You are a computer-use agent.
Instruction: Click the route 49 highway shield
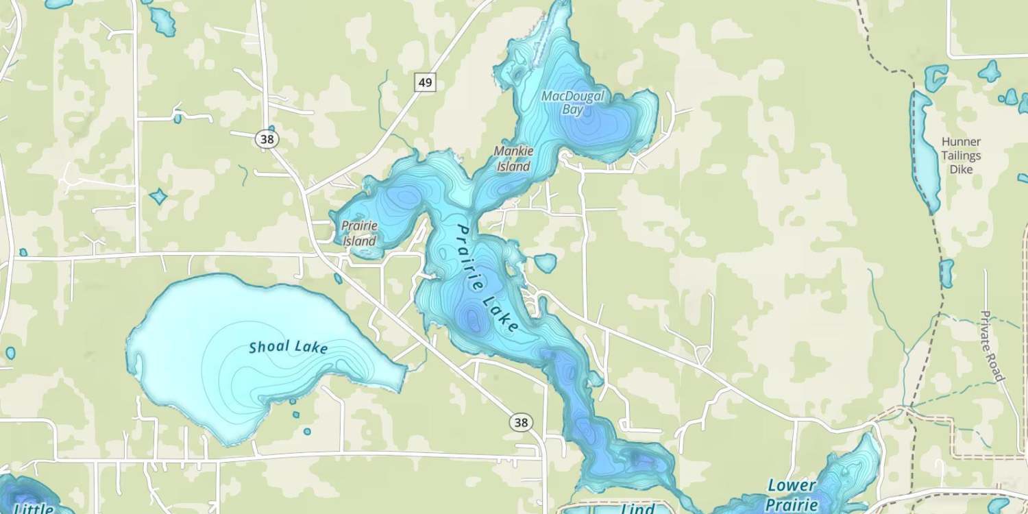(x=425, y=83)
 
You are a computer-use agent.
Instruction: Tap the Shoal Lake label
(x=288, y=347)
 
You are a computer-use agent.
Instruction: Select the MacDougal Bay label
(x=573, y=103)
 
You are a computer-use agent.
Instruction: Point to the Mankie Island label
(x=513, y=158)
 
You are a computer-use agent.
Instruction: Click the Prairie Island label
(x=359, y=233)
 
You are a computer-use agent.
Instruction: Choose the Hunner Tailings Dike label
(x=961, y=155)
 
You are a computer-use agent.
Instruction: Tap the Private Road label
(x=992, y=346)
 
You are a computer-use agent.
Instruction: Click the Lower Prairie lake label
(x=792, y=495)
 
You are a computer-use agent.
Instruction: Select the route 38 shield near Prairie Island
(x=268, y=138)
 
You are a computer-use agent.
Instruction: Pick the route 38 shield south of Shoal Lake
(x=522, y=422)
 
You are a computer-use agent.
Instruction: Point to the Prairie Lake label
(x=487, y=278)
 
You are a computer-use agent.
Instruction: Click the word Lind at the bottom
(x=638, y=509)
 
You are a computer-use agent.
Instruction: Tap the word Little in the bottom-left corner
(x=33, y=509)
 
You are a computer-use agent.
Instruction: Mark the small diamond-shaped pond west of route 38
(x=158, y=197)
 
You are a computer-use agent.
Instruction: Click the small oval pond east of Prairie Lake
(x=546, y=262)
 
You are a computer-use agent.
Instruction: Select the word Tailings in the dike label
(x=961, y=156)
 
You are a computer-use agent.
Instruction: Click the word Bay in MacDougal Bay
(x=574, y=110)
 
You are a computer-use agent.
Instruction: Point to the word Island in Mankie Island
(x=513, y=166)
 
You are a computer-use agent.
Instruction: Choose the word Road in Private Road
(x=997, y=367)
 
